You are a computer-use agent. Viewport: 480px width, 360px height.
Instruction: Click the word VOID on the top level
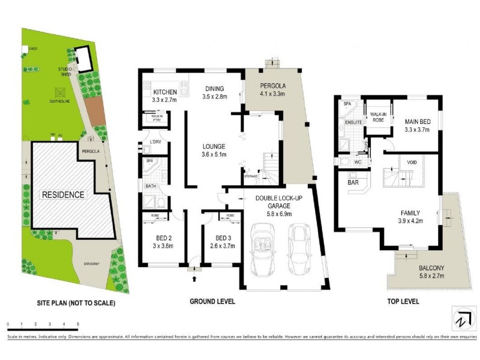tap(412, 162)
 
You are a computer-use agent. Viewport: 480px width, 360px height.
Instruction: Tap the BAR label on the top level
tap(353, 181)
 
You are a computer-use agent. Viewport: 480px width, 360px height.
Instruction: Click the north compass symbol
tap(460, 318)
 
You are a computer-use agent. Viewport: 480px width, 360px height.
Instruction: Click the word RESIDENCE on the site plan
tap(63, 194)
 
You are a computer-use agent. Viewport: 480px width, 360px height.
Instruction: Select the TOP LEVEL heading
tap(402, 301)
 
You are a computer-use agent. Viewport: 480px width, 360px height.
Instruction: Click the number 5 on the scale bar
tap(77, 325)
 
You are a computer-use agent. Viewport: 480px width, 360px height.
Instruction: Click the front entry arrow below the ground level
tap(194, 277)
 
